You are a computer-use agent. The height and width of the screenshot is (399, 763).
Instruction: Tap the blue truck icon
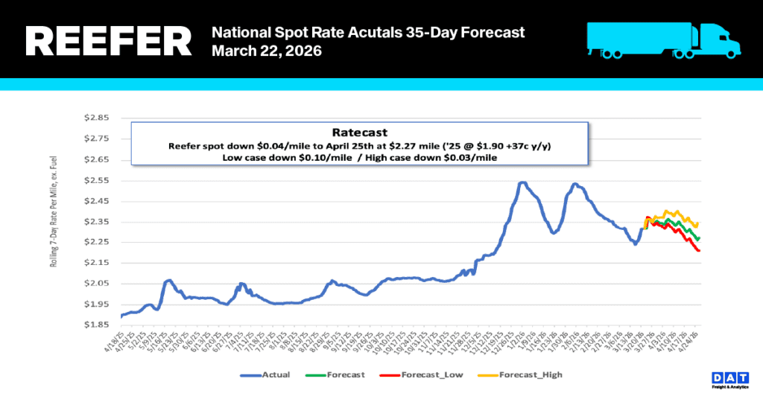[x=663, y=39]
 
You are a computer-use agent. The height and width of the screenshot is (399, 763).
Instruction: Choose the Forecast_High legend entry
[x=531, y=374]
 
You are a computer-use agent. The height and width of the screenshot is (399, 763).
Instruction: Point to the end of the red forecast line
[x=699, y=251]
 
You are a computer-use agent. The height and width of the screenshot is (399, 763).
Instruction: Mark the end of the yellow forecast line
[x=697, y=223]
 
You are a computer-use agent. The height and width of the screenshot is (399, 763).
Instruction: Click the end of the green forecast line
[x=699, y=238]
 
